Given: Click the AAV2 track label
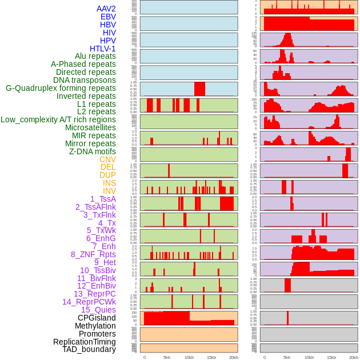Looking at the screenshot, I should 106,9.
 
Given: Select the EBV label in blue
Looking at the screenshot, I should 108,17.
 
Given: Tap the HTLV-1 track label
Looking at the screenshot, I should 103,49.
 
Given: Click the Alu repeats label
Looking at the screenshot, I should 95,56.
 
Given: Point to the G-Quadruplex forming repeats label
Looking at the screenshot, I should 61,88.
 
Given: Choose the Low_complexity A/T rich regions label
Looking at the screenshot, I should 58,119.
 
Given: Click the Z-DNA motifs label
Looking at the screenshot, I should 93,151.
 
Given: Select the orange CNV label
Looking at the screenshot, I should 107,159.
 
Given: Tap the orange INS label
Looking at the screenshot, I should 109,183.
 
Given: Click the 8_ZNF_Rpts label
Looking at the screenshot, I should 93,254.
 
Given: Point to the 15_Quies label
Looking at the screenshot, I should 98,310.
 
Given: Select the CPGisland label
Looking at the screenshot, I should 97,318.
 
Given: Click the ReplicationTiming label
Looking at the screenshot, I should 85,342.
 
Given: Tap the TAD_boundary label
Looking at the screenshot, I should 89,349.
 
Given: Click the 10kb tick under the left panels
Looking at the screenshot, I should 189,357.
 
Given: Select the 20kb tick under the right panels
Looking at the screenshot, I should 354,357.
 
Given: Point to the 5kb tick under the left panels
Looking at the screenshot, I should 167,357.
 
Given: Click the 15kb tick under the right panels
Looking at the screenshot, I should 331,357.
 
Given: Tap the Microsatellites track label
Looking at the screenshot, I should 90,127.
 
